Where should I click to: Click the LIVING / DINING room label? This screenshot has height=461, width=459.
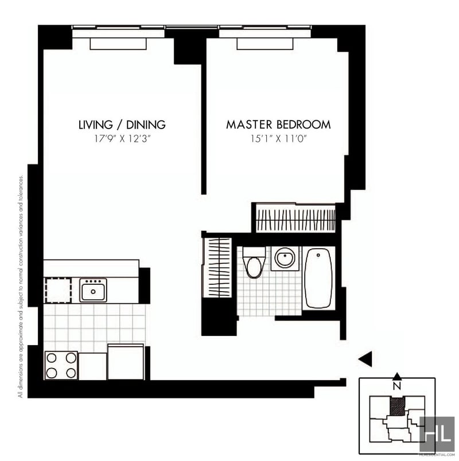[x=122, y=124]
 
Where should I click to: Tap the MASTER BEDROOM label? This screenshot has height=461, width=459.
[x=278, y=124]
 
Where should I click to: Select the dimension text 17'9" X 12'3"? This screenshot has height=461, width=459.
[x=122, y=138]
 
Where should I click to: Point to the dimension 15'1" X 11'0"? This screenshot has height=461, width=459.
[x=278, y=138]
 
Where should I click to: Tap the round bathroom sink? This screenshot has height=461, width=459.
[x=284, y=258]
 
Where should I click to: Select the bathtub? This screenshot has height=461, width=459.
[x=318, y=278]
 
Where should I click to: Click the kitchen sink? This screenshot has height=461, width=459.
[x=93, y=290]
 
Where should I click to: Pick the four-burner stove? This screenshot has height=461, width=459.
[x=61, y=365]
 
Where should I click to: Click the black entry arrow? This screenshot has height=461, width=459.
[x=365, y=359]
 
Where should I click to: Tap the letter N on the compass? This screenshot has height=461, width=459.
[x=397, y=386]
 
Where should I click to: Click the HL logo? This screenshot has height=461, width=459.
[x=437, y=434]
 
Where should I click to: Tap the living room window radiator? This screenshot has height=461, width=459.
[x=119, y=44]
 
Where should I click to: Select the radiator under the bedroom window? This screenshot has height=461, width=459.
[x=266, y=44]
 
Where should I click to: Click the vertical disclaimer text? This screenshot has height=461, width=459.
[x=21, y=287]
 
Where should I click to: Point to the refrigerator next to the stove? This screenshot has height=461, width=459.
[x=126, y=362]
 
